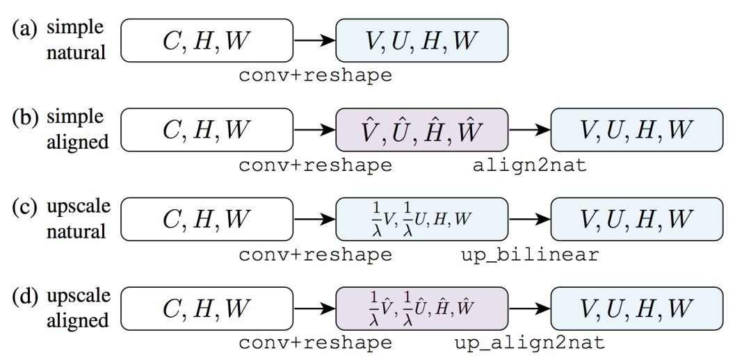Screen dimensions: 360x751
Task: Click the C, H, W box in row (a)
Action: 207,40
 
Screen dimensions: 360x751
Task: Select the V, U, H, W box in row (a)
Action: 422,40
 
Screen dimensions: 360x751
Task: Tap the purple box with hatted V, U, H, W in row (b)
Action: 422,130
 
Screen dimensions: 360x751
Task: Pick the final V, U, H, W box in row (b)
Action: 637,130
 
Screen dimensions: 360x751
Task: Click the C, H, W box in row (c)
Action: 207,219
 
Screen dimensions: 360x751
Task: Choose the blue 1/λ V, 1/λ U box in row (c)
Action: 422,219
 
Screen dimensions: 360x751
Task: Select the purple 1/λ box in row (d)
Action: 422,308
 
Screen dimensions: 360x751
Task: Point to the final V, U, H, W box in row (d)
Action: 637,308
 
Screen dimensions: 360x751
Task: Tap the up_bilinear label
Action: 529,254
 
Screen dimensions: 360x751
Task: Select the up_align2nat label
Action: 529,343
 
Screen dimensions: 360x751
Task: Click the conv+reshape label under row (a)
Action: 315,75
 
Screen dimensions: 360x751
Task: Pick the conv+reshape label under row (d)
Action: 315,343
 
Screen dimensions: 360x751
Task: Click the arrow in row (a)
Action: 314,40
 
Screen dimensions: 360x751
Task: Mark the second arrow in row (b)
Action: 530,130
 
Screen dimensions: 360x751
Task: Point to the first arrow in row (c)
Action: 314,219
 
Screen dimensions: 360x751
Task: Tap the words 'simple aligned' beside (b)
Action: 78,129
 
